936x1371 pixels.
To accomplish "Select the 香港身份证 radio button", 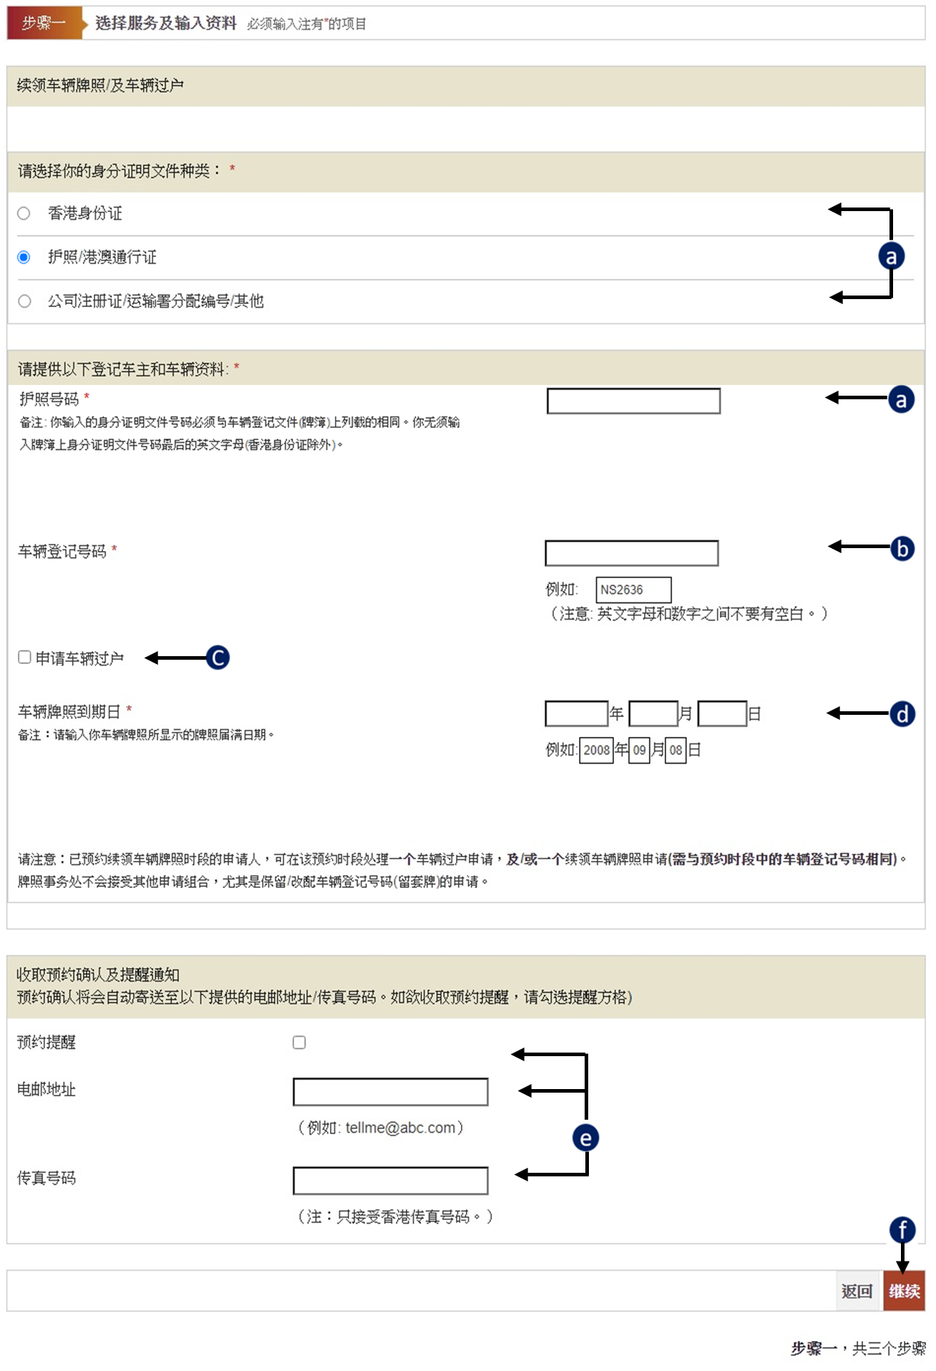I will click(x=24, y=213).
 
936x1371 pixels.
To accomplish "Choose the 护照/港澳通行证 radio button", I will click(x=24, y=257).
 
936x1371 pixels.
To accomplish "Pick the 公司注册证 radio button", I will click(x=24, y=301).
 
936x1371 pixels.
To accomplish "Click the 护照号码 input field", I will click(x=633, y=401).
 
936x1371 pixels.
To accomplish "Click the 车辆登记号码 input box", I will click(x=631, y=553).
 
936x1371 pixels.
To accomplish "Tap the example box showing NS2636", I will click(x=633, y=590).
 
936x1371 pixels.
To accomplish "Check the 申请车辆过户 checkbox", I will click(x=25, y=657).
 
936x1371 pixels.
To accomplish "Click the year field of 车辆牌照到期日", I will click(x=576, y=713).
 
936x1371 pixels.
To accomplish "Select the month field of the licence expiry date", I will click(x=653, y=713).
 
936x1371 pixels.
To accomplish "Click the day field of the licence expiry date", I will click(x=722, y=713).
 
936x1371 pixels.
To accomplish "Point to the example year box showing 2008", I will click(x=596, y=750).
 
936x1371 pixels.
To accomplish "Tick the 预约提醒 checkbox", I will click(x=299, y=1043).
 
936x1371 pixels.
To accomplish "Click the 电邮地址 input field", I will click(x=391, y=1092).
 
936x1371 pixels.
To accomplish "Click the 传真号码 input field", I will click(x=391, y=1181).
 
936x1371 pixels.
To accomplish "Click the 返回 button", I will click(x=857, y=1291).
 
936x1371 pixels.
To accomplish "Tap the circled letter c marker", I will click(x=218, y=658).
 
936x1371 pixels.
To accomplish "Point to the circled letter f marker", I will click(x=902, y=1230).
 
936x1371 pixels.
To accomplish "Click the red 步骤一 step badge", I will click(x=43, y=24).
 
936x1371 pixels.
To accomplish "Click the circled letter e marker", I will click(x=585, y=1138).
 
